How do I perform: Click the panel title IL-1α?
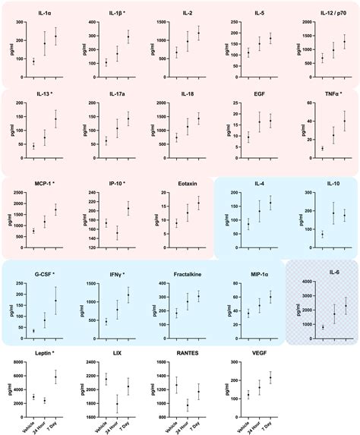coord(46,14)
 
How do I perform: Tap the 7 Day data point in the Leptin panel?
coord(55,377)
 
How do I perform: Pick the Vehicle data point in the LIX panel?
coord(106,380)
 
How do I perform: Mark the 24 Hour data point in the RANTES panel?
coord(188,405)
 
